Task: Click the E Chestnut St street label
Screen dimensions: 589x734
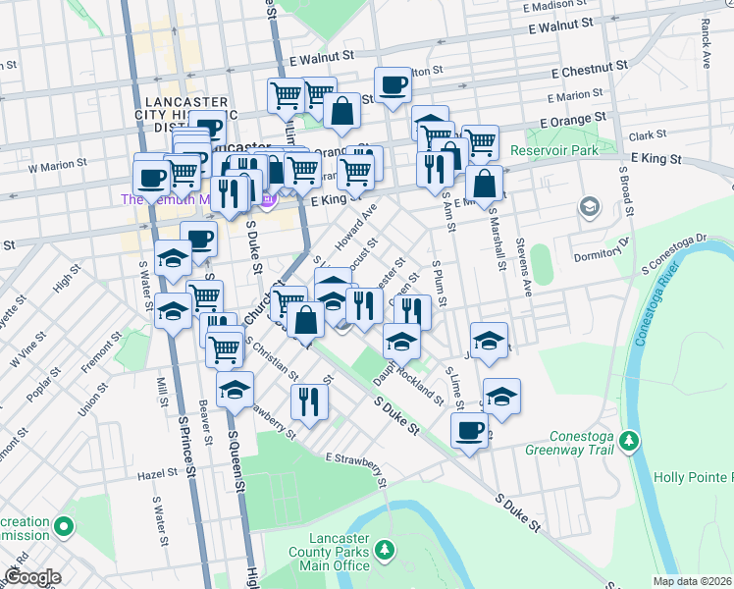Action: (x=589, y=70)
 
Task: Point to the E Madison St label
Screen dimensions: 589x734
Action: (x=560, y=6)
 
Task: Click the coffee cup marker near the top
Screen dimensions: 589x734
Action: (x=393, y=85)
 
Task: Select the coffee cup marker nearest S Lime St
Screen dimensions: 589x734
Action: (x=470, y=430)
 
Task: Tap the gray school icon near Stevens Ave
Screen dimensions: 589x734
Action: (x=589, y=207)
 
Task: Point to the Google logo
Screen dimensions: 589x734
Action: (x=32, y=577)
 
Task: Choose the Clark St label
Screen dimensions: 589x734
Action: (x=648, y=134)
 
